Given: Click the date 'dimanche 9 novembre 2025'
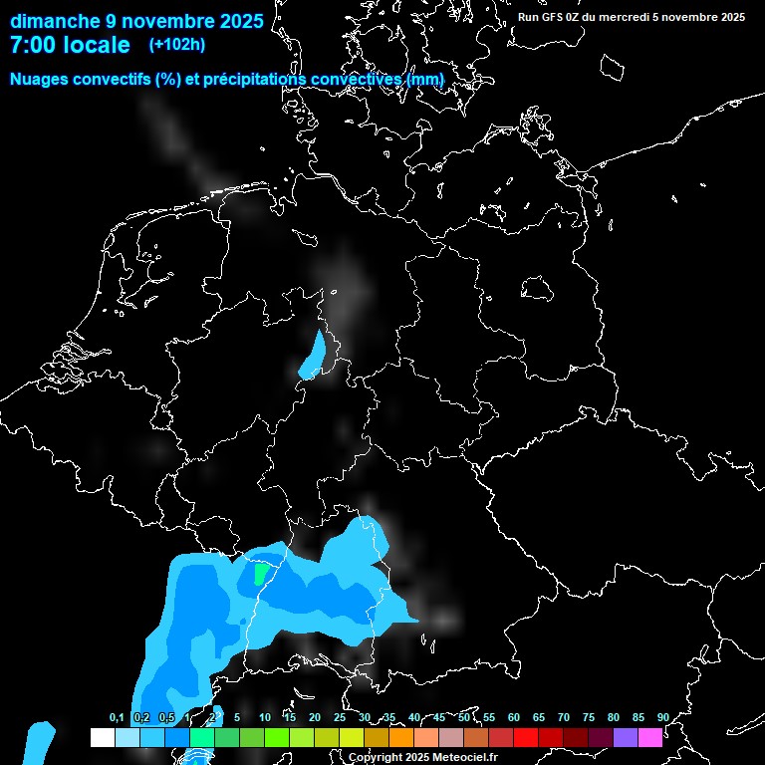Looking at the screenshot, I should [x=136, y=20].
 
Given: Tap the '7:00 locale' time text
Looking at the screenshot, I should [x=70, y=45].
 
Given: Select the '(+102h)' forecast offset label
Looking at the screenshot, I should [x=177, y=45].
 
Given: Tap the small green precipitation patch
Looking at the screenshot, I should [x=261, y=574].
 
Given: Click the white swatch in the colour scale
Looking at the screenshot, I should [x=102, y=737].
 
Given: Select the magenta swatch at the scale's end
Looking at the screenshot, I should [x=650, y=737].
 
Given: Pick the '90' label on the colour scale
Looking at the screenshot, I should [x=662, y=718].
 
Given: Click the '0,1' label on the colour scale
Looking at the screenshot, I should [x=117, y=718].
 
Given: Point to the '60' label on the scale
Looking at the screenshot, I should [x=514, y=718].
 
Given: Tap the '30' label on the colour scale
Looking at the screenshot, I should [x=365, y=718].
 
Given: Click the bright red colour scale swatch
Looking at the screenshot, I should [x=526, y=737].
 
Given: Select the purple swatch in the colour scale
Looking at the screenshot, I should [x=626, y=737].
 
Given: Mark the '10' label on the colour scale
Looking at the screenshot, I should [x=265, y=718].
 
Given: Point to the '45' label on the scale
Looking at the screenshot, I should [x=439, y=718].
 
